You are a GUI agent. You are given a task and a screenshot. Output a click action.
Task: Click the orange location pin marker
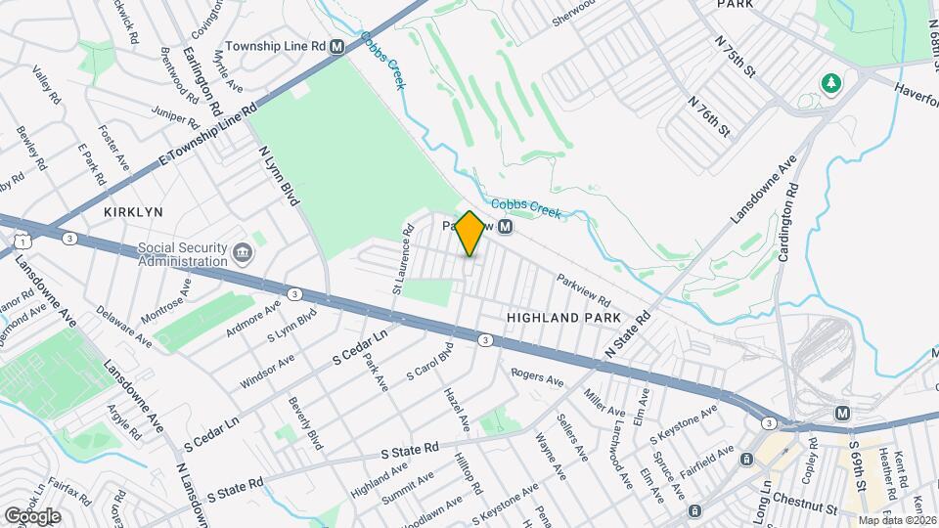tap(469, 234)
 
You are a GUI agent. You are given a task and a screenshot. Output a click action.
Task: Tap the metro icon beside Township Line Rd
tap(337, 46)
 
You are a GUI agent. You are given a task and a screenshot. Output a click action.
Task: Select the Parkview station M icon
tap(505, 227)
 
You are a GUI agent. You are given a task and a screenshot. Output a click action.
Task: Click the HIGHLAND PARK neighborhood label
tap(564, 319)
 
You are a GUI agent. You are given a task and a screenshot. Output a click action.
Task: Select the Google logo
tap(32, 515)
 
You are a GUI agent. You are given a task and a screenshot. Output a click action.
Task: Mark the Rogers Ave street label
tap(538, 375)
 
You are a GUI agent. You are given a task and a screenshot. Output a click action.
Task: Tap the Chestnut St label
tap(804, 509)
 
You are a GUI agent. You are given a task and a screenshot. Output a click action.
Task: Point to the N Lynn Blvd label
tap(278, 175)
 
